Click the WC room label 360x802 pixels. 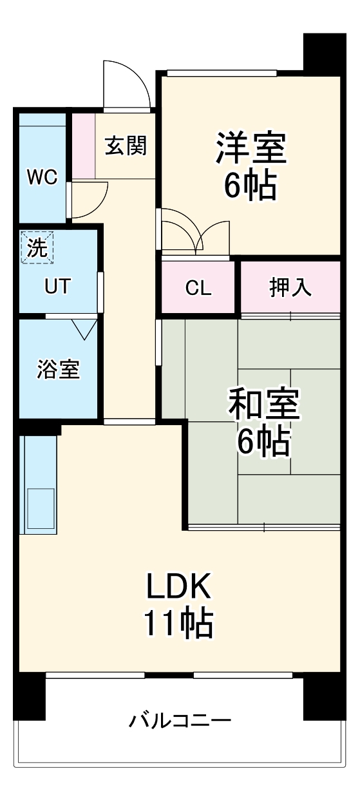[43, 177]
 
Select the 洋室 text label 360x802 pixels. [250, 148]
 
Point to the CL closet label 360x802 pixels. [198, 288]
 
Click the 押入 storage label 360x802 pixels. [290, 288]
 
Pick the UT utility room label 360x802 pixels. [58, 287]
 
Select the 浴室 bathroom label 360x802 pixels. [58, 369]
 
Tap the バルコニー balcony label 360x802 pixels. [180, 719]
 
